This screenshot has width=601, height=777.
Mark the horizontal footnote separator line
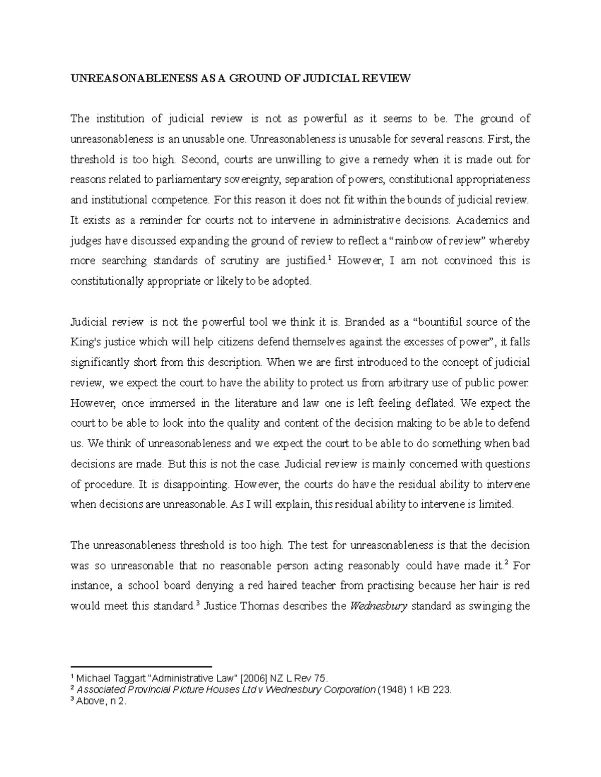coord(142,667)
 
